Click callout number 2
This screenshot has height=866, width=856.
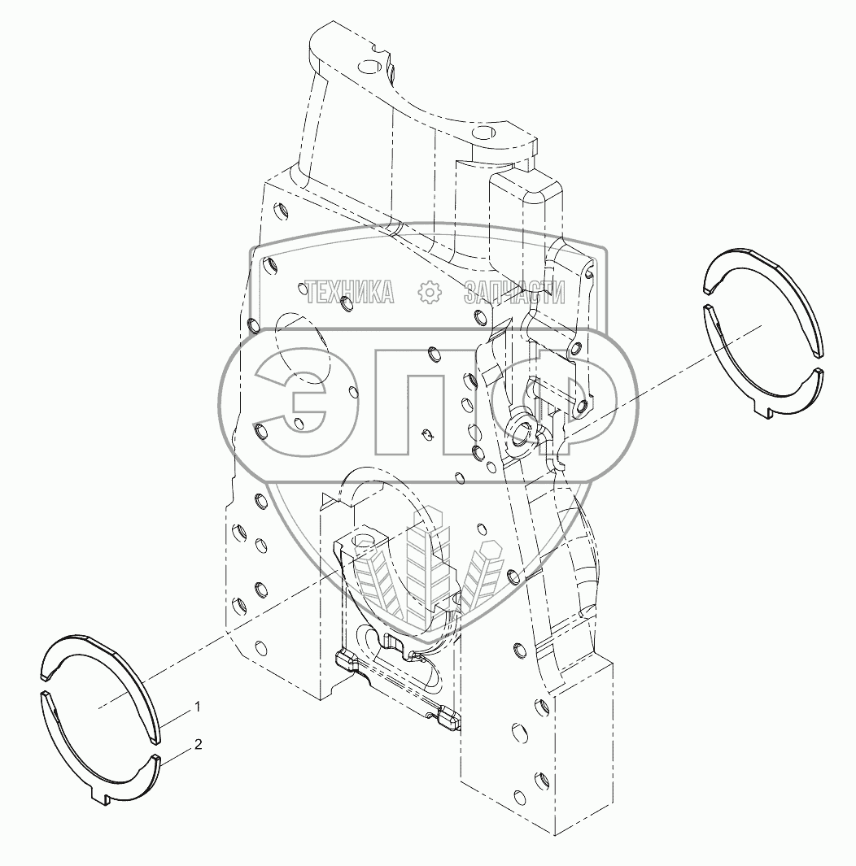tap(198, 744)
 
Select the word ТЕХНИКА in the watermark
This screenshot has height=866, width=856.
tap(349, 292)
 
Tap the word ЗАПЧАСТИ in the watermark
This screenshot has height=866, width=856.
tap(514, 292)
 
